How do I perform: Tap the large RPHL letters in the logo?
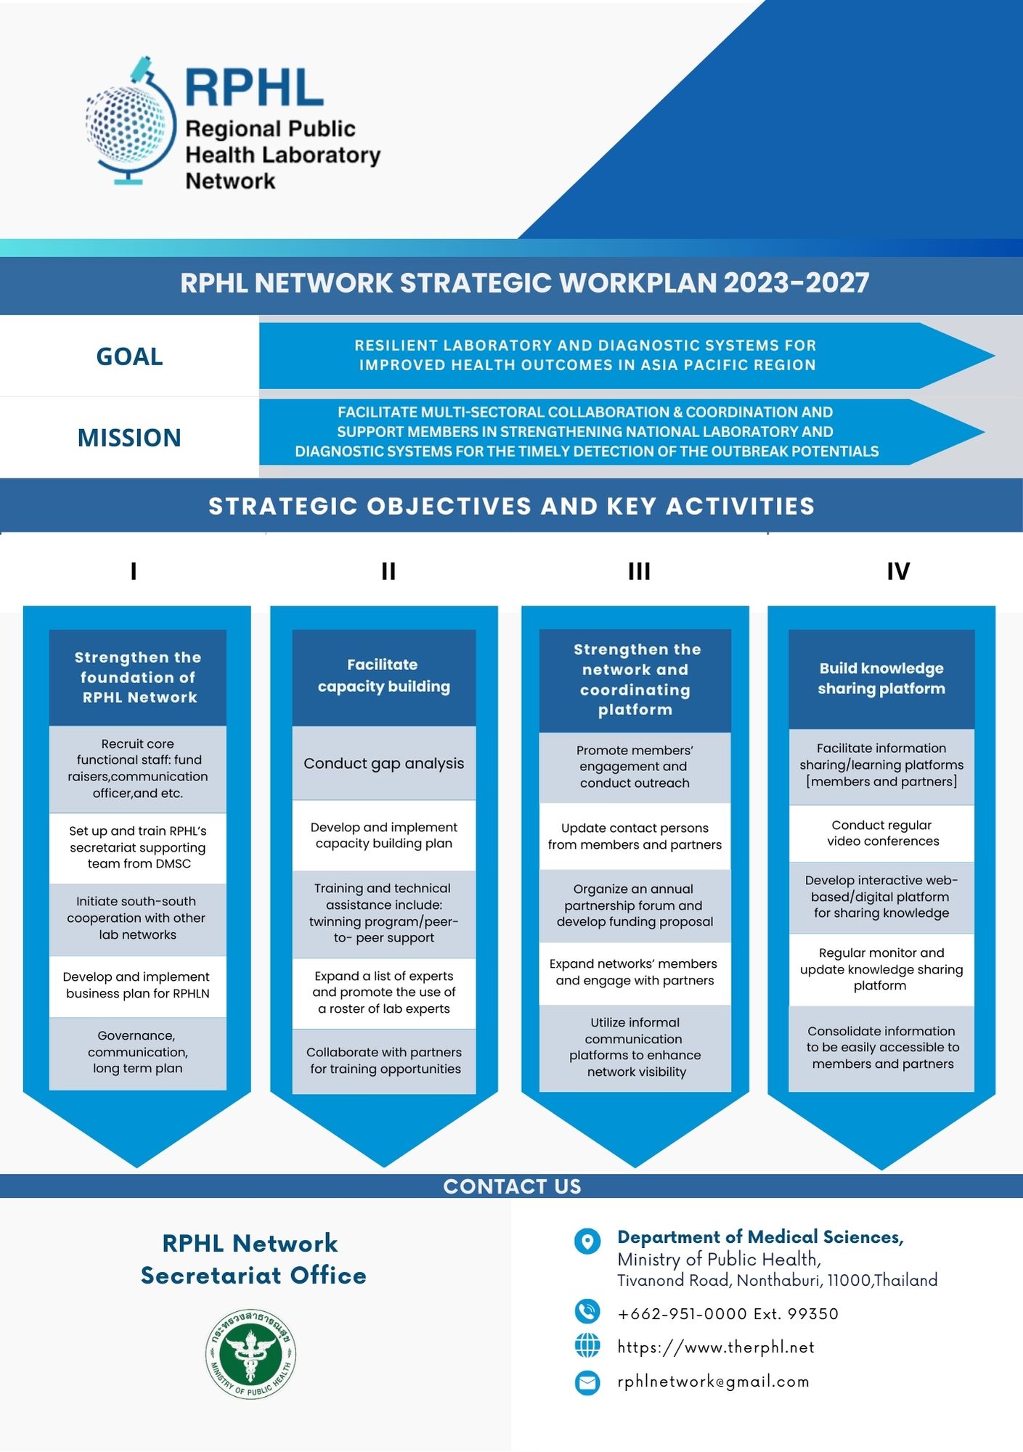(253, 88)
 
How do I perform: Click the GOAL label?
(129, 356)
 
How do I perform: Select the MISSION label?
(129, 438)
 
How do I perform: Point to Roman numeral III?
(639, 571)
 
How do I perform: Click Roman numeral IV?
(897, 571)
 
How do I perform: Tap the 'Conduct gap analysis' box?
(383, 763)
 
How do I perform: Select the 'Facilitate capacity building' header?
(383, 676)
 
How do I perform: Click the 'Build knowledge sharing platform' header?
(881, 678)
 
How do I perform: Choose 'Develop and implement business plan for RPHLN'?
(137, 985)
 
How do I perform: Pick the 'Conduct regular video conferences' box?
(882, 833)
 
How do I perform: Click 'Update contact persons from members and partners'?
(635, 836)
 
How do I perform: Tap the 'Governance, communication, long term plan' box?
(137, 1052)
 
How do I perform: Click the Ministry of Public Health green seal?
(250, 1354)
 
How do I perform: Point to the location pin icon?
(587, 1241)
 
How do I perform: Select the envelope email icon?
(587, 1382)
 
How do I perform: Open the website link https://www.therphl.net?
(715, 1347)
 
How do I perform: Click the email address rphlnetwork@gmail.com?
(713, 1382)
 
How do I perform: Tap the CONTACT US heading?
(512, 1186)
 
